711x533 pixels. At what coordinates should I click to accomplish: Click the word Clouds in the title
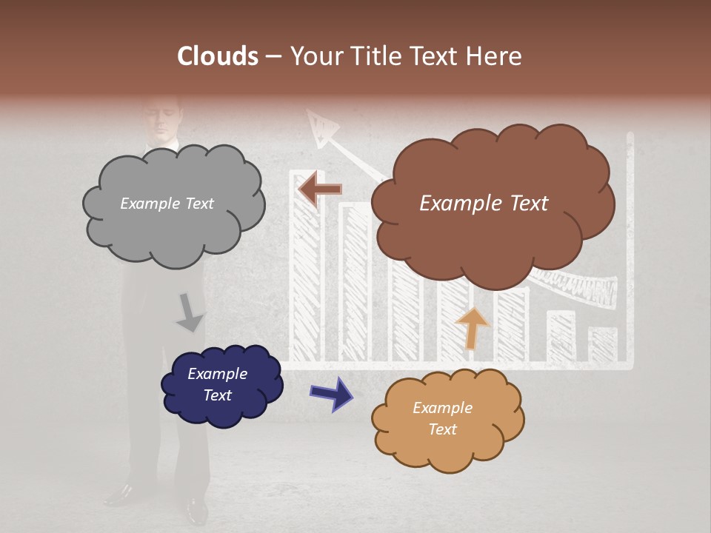(218, 56)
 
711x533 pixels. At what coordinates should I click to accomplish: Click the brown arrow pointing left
(320, 190)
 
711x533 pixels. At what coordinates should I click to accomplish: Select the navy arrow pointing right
(331, 393)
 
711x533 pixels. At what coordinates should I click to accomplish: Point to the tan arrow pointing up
(472, 328)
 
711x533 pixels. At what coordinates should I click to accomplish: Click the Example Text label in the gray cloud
(167, 204)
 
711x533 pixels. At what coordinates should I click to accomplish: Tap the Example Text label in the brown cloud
(484, 204)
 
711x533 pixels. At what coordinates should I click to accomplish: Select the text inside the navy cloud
(217, 384)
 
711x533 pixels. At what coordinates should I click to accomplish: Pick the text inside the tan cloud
(442, 418)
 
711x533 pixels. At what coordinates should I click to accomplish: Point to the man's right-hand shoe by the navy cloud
(196, 509)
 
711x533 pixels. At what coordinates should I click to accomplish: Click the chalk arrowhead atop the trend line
(321, 128)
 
